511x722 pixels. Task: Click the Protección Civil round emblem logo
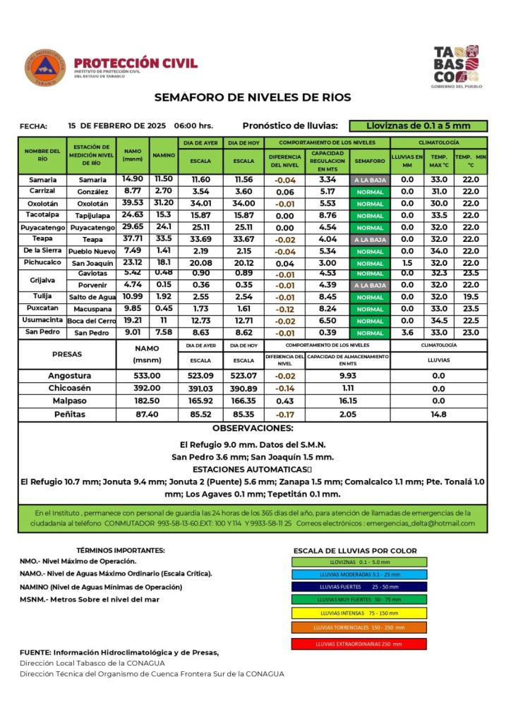tap(45, 68)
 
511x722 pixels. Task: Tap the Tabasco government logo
tap(456, 66)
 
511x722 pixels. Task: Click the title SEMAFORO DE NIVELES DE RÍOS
tap(253, 97)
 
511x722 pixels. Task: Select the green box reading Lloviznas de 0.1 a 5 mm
tap(418, 126)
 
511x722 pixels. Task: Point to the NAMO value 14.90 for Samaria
tap(133, 179)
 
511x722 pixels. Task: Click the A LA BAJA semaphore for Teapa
tap(370, 240)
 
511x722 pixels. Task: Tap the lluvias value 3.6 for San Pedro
tap(407, 332)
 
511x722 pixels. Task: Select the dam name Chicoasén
tap(69, 388)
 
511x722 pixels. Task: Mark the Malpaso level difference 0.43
tap(284, 400)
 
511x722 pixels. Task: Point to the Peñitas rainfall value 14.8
tap(438, 415)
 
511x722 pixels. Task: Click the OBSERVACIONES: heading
tap(253, 428)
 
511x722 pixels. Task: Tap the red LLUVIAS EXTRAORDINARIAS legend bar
tap(359, 644)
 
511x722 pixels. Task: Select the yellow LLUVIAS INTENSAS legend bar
tap(359, 613)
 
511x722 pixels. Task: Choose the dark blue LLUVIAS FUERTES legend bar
tap(359, 586)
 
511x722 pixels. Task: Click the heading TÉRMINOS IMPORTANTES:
tap(121, 550)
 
